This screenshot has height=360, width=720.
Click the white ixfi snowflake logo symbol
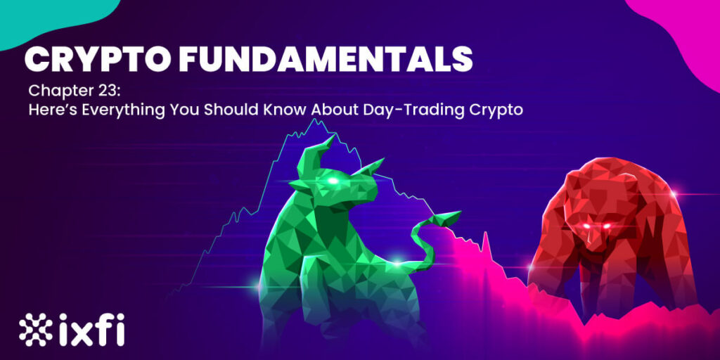coord(36,329)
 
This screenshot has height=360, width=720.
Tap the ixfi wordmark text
coord(91,329)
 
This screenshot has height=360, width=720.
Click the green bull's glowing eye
coord(333,181)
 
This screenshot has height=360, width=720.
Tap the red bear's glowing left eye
coord(587,226)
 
